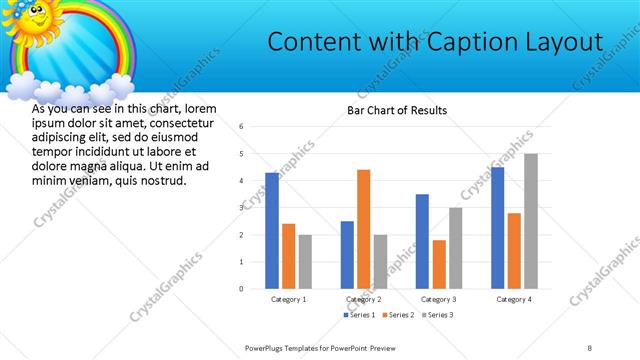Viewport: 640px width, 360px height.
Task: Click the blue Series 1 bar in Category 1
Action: coord(272,230)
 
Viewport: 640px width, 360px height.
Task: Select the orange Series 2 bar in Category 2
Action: coord(363,229)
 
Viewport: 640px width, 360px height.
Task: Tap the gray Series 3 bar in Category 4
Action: coord(530,221)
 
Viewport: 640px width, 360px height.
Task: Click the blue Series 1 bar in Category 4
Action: coord(497,227)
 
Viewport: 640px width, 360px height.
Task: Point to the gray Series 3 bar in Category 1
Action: coord(305,261)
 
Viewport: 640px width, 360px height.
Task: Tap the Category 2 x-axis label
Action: coord(363,299)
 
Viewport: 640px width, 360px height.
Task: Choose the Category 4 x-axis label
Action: coord(514,299)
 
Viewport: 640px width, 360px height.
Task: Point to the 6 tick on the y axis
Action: coord(242,127)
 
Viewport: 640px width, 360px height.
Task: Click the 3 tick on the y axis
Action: coord(242,208)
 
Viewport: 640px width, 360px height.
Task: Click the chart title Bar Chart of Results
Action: coord(397,110)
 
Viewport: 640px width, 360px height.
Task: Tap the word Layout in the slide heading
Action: coord(560,42)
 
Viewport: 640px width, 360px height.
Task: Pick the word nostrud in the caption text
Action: coord(163,180)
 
